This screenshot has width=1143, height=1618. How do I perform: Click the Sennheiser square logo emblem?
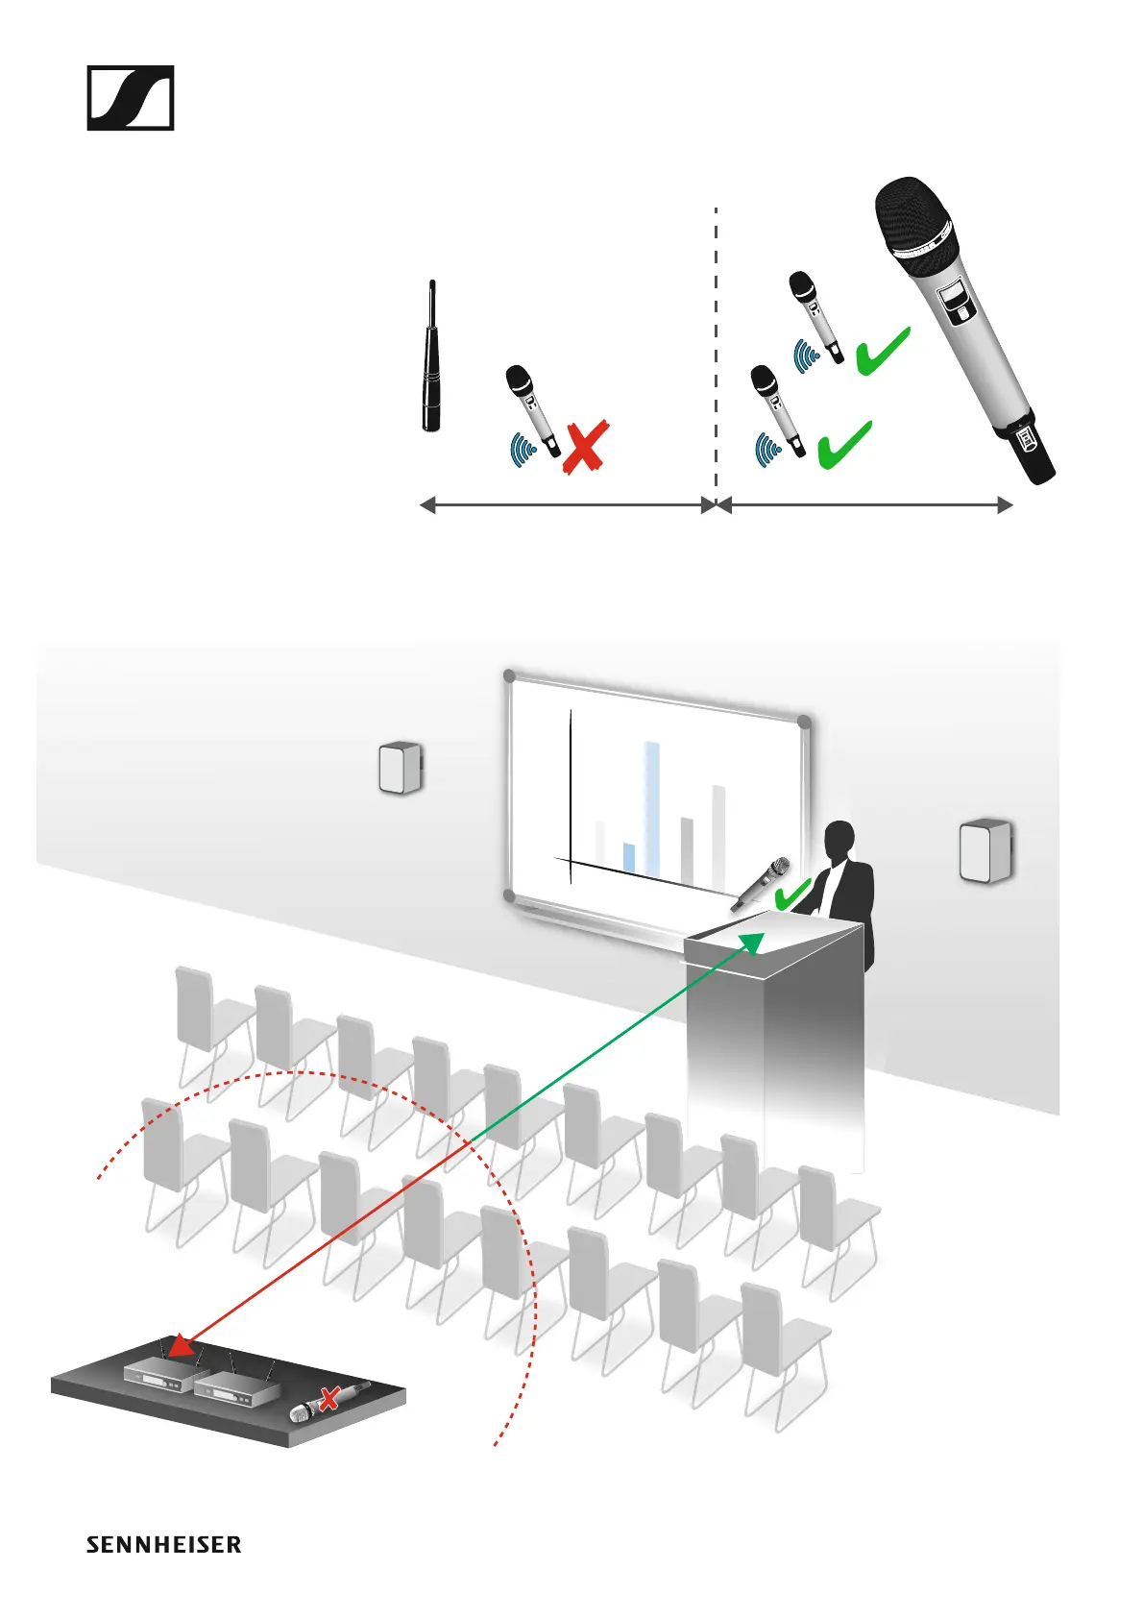tap(131, 98)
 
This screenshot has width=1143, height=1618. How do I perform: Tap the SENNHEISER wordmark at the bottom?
tap(163, 1545)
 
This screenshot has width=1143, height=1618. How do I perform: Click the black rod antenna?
tap(431, 360)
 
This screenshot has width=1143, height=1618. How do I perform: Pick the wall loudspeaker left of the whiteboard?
tap(401, 768)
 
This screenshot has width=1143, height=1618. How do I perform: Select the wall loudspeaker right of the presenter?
tap(985, 850)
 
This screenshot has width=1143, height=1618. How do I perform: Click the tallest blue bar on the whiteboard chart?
tap(652, 807)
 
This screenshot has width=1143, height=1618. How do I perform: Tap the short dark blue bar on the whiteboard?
tap(629, 857)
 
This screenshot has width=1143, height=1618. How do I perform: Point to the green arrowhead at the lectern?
tap(751, 942)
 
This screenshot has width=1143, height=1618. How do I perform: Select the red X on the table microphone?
tap(328, 1398)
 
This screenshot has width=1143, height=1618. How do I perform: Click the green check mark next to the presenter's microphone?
tap(792, 895)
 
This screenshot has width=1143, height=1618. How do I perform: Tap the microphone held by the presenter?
tap(761, 883)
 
